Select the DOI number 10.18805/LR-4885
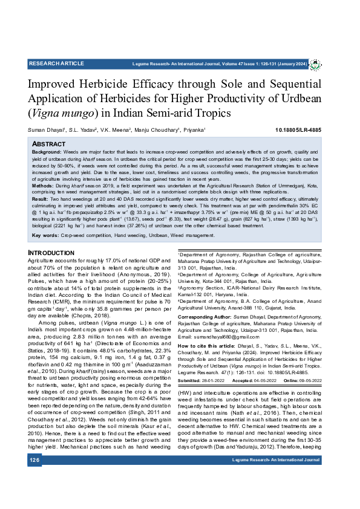pos(298,130)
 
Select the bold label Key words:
pos(45,235)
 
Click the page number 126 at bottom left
pos(34,494)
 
